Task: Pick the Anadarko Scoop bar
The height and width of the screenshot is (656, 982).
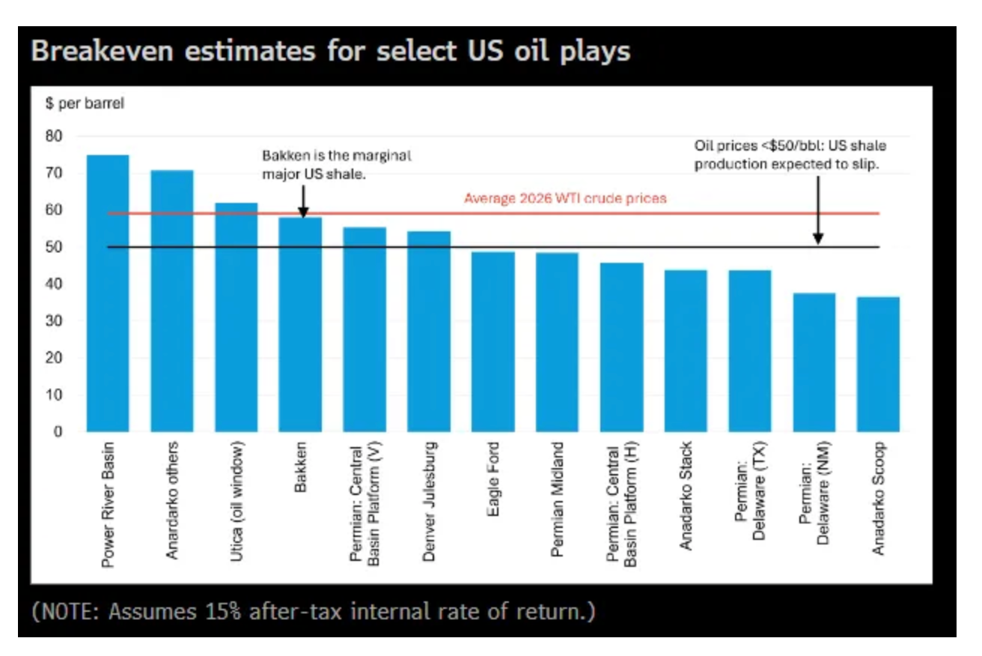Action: pyautogui.click(x=878, y=364)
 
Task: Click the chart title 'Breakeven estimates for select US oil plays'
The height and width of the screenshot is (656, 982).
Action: pyautogui.click(x=331, y=52)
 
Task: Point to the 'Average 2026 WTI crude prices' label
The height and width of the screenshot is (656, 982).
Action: pyautogui.click(x=565, y=198)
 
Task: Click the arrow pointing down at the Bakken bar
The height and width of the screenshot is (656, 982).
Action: pyautogui.click(x=303, y=201)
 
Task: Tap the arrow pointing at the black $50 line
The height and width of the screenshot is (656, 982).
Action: pyautogui.click(x=818, y=210)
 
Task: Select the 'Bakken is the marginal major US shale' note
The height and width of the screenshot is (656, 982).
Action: pyautogui.click(x=337, y=164)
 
